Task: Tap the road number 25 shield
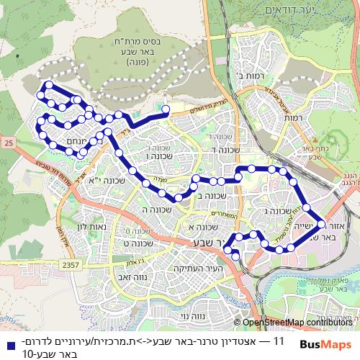8,145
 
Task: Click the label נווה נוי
192,315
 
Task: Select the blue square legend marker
6,340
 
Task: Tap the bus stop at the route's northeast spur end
166,109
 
